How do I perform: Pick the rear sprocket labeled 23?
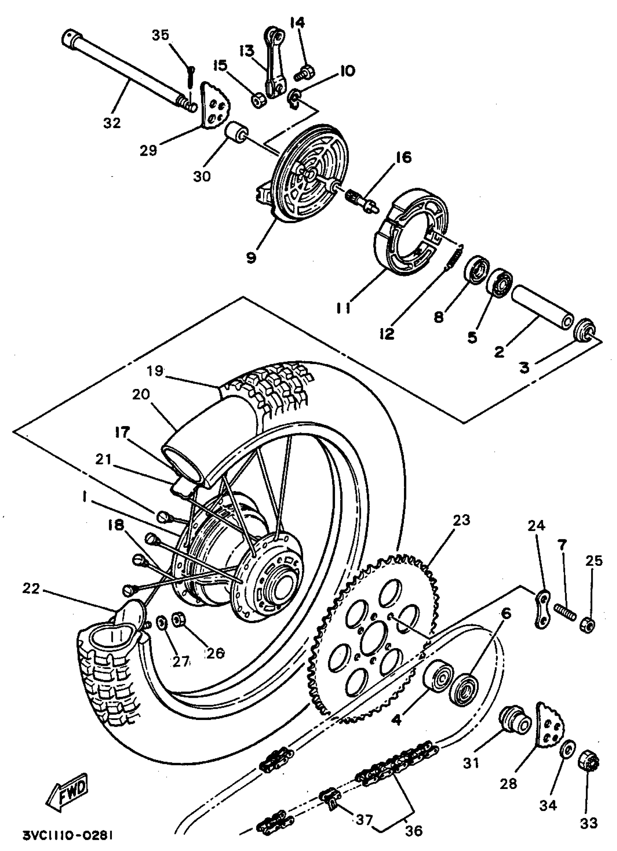click(375, 638)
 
